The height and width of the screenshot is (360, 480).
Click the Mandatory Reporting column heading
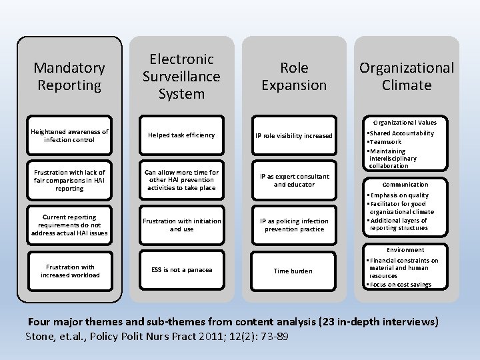pyautogui.click(x=69, y=77)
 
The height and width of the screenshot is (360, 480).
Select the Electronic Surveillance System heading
pyautogui.click(x=181, y=77)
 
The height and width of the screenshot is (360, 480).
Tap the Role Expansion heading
pyautogui.click(x=294, y=77)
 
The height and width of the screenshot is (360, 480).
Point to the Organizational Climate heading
pyautogui.click(x=406, y=77)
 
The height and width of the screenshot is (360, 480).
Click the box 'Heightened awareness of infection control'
pyautogui.click(x=69, y=136)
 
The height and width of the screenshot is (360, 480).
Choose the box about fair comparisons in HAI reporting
pyautogui.click(x=69, y=181)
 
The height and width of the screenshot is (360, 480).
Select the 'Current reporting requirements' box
pyautogui.click(x=69, y=225)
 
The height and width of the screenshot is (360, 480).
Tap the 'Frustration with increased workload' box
pyautogui.click(x=69, y=271)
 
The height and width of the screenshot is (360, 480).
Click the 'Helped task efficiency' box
pyautogui.click(x=181, y=135)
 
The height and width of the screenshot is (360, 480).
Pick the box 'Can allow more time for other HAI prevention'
pyautogui.click(x=181, y=180)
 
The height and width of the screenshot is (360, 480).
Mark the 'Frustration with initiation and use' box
pyautogui.click(x=181, y=225)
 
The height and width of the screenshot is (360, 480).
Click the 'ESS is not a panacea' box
pyautogui.click(x=181, y=270)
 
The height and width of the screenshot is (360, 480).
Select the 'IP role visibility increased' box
pyautogui.click(x=294, y=136)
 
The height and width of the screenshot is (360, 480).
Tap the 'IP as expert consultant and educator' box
pyautogui.click(x=294, y=181)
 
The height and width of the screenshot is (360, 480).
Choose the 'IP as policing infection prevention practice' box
pyautogui.click(x=294, y=225)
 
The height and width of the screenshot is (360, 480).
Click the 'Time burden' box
pyautogui.click(x=294, y=271)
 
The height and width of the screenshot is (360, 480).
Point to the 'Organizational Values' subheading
pyautogui.click(x=405, y=123)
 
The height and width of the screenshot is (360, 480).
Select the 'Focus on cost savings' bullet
pyautogui.click(x=400, y=285)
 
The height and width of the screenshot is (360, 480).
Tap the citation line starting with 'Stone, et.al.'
pyautogui.click(x=157, y=336)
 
